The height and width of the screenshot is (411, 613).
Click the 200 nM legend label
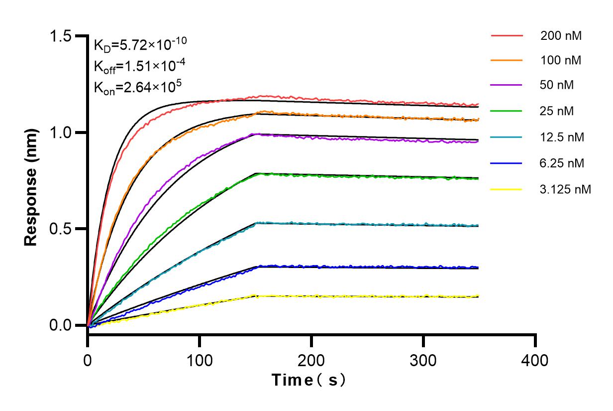(561, 36)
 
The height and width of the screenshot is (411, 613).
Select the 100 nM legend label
(561, 61)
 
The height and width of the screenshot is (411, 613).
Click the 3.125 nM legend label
(566, 189)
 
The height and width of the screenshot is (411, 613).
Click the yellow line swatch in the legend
(507, 189)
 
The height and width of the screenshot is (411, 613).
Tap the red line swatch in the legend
(507, 36)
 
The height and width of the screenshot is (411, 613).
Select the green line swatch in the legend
(507, 111)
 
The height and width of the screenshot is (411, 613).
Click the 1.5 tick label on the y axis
(60, 36)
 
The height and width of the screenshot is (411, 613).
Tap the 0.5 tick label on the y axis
(60, 229)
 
